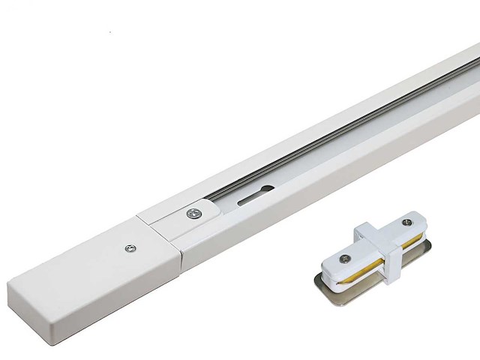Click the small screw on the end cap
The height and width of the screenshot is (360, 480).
[133, 244]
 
